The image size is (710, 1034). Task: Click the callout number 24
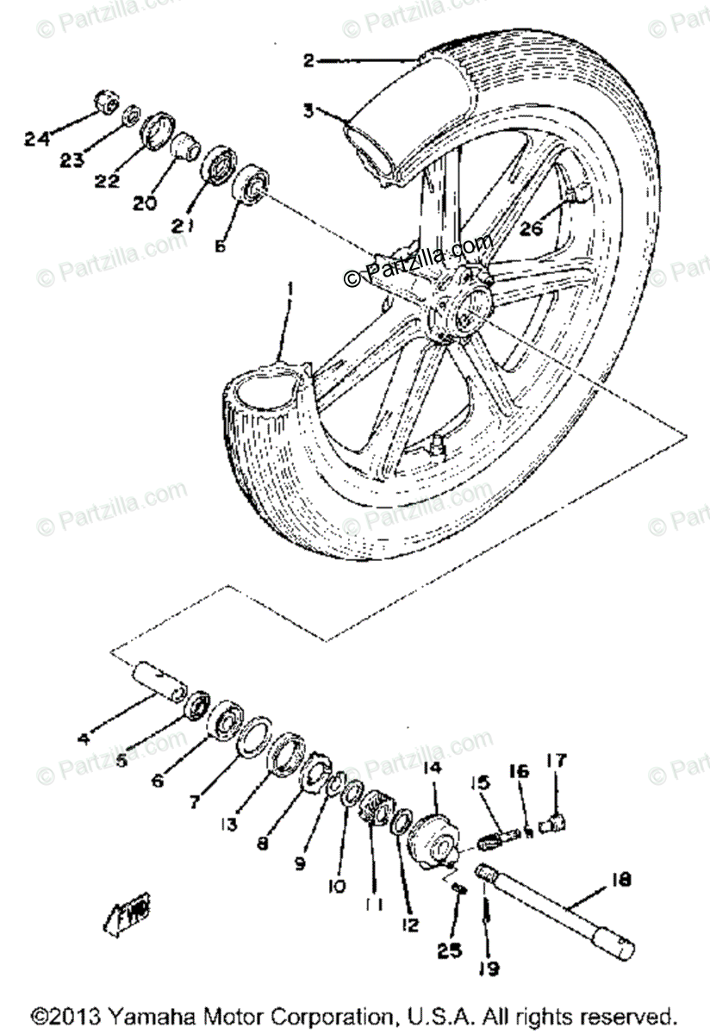pyautogui.click(x=37, y=138)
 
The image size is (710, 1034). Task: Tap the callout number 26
pyautogui.click(x=532, y=228)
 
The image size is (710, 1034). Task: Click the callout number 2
pyautogui.click(x=309, y=60)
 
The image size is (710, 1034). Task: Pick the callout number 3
pyautogui.click(x=308, y=110)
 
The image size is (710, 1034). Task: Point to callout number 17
pyautogui.click(x=556, y=761)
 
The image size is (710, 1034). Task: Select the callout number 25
pyautogui.click(x=448, y=950)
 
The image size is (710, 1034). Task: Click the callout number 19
pyautogui.click(x=489, y=969)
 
